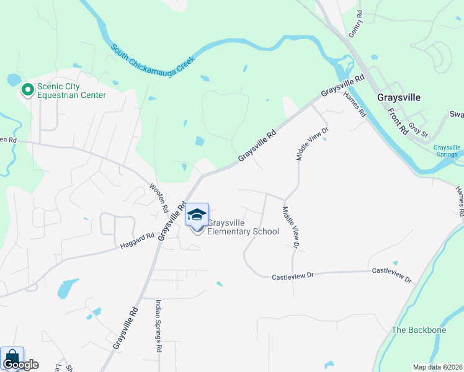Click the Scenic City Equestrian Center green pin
[x=28, y=91]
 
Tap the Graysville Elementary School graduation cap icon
[x=197, y=215]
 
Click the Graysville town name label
[x=399, y=98]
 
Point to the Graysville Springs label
[x=447, y=151]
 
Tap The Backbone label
[x=419, y=330]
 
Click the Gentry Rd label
[x=355, y=25]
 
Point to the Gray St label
[x=419, y=130]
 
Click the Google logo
[x=20, y=365]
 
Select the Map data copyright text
[x=437, y=367]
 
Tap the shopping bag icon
[x=12, y=358]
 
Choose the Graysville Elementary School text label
[x=243, y=227]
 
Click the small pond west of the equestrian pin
[x=13, y=80]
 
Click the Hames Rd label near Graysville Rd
[x=355, y=105]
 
